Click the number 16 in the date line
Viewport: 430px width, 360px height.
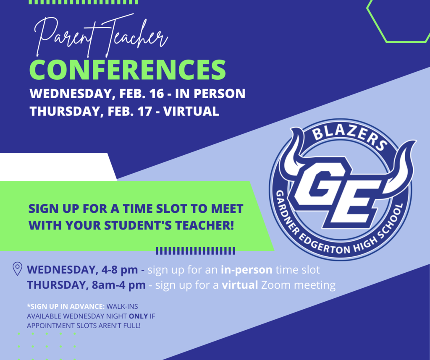pyautogui.click(x=157, y=94)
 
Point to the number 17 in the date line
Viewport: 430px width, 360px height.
pyautogui.click(x=145, y=111)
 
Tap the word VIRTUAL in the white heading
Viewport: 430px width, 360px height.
pyautogui.click(x=191, y=111)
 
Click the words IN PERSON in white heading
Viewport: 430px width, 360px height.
pyautogui.click(x=210, y=94)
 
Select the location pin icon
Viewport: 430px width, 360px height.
pyautogui.click(x=18, y=269)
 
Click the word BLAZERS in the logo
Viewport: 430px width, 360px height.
pyautogui.click(x=350, y=137)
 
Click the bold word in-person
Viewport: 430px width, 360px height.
pyautogui.click(x=246, y=270)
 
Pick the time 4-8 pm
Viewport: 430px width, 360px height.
pyautogui.click(x=120, y=270)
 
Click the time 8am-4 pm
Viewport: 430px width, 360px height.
pyautogui.click(x=119, y=285)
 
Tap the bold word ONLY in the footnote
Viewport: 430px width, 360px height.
pyautogui.click(x=139, y=316)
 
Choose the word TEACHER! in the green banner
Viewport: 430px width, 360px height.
pyautogui.click(x=205, y=225)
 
